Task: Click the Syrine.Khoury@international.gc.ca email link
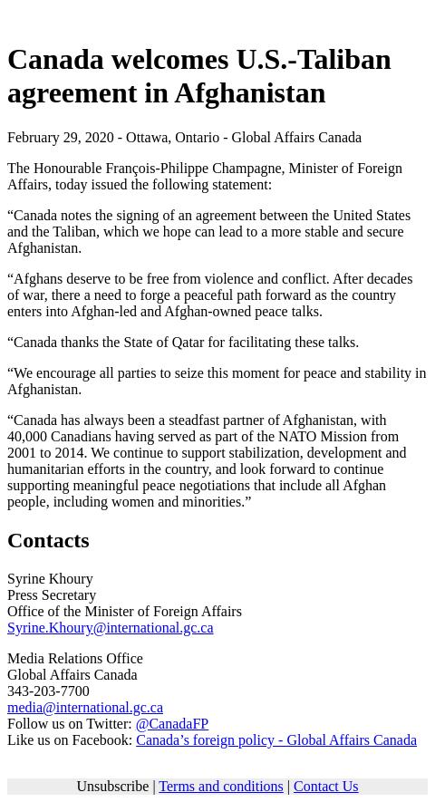110,628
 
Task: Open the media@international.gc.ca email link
84,708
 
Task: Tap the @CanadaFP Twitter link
171,724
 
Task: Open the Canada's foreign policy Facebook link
275,740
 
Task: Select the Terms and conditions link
220,787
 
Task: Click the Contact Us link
325,787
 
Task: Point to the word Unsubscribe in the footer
112,787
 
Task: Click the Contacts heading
48,540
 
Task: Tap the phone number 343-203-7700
48,691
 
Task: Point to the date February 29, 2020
60,138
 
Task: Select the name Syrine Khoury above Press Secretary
50,579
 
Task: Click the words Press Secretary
52,595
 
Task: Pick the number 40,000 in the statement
27,437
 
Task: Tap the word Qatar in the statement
188,343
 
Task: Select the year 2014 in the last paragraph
69,453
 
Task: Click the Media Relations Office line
74,659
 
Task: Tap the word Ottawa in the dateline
147,138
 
